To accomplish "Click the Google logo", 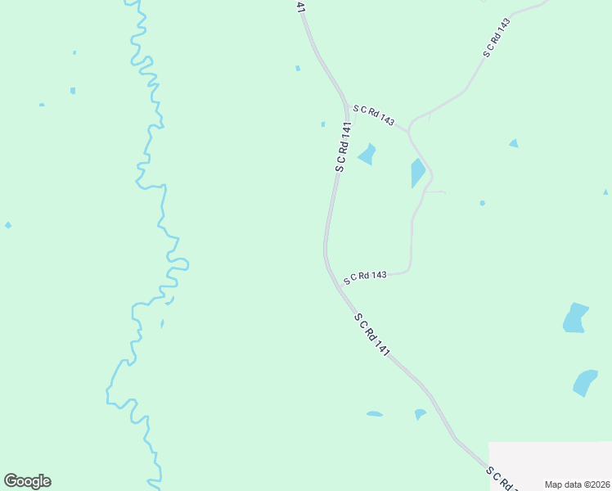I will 27,481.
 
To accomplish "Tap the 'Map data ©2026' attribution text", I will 578,484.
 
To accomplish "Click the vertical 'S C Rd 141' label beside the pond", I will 343,147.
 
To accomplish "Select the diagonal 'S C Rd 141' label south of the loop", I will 371,334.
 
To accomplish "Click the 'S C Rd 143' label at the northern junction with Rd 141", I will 375,115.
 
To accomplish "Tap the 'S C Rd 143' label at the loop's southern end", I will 365,277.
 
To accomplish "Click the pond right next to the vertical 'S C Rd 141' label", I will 367,154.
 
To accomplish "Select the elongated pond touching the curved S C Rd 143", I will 417,173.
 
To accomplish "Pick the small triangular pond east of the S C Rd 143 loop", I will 513,143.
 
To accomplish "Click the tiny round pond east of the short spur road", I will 482,203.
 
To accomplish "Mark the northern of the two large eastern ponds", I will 575,318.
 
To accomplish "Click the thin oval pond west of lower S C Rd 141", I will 374,414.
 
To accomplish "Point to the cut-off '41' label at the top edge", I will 300,7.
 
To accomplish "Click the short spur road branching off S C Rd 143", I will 435,192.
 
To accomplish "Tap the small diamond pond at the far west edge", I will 8,225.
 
